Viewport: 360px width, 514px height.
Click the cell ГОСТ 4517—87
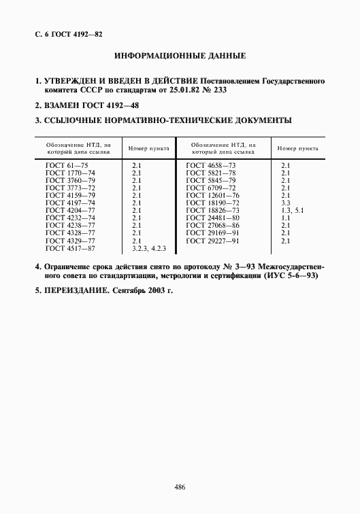coord(65,249)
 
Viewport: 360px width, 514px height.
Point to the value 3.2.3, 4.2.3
coord(150,249)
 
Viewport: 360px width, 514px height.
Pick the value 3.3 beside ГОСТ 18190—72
coord(286,203)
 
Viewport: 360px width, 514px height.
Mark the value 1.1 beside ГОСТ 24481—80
coord(285,218)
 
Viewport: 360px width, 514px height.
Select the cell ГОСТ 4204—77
coord(65,211)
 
